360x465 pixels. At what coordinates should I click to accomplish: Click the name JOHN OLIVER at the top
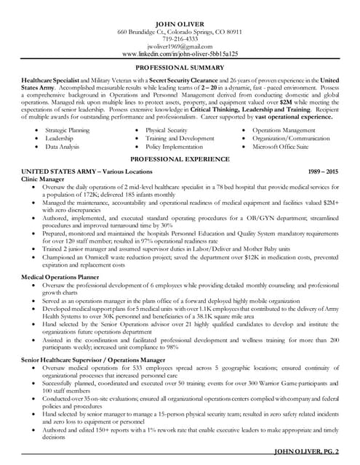click(180, 24)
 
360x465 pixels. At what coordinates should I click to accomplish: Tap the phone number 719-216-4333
click(180, 39)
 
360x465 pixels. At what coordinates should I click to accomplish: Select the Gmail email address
click(180, 46)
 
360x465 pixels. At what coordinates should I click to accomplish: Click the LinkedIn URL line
click(180, 54)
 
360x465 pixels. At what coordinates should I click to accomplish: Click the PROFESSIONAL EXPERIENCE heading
click(180, 158)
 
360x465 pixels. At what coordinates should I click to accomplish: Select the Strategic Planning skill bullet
click(68, 130)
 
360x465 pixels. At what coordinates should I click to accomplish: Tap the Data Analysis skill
click(63, 146)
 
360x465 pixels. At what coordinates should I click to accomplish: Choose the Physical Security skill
click(167, 130)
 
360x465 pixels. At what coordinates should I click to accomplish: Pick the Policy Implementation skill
click(174, 146)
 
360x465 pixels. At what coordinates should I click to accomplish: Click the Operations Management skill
click(284, 130)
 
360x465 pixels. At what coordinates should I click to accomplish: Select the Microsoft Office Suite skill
click(281, 146)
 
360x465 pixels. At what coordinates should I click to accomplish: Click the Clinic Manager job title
click(43, 178)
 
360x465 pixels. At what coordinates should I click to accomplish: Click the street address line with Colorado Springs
click(180, 32)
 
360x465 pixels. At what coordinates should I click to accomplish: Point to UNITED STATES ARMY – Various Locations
click(87, 171)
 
